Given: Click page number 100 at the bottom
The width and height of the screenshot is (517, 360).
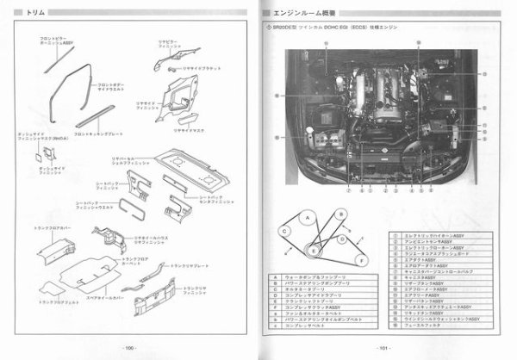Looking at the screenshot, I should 129,347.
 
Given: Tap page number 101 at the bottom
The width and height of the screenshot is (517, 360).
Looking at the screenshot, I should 388,347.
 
